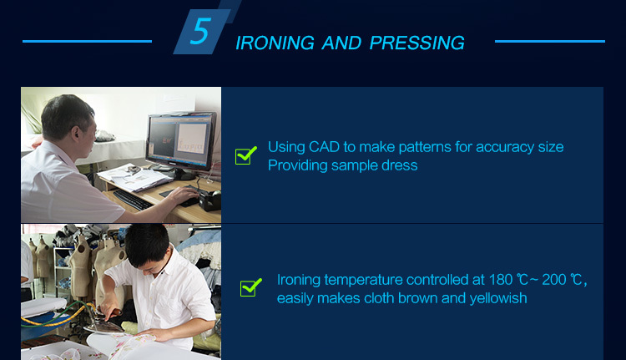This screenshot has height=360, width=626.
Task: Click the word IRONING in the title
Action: point(275,43)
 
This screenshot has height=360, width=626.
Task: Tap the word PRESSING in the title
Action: point(416,43)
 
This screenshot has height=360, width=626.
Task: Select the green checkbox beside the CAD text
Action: point(245,155)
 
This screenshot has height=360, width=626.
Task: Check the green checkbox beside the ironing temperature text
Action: point(250,287)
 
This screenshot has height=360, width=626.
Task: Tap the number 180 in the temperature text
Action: point(501,280)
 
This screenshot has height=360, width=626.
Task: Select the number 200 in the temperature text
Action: point(553,280)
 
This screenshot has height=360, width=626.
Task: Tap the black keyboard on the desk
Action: point(133,200)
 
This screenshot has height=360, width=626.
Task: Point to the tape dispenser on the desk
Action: point(210,199)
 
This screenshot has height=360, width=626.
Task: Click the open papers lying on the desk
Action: point(134,178)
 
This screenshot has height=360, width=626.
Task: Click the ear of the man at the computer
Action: point(75,132)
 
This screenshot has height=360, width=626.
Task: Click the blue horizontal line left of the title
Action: point(87,41)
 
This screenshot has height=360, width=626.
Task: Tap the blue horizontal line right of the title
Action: point(550,41)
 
